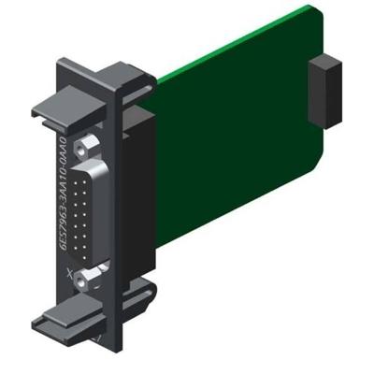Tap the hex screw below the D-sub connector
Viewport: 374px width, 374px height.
pos(89,276)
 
